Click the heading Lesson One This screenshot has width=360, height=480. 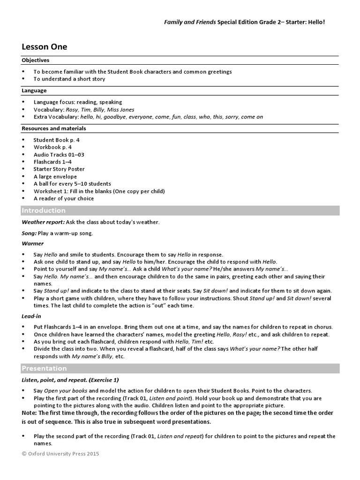[45, 46]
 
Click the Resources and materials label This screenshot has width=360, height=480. [54, 128]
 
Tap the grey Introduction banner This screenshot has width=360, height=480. [180, 210]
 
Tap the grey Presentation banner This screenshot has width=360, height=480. [180, 368]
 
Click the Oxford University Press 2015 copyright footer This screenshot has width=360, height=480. [60, 454]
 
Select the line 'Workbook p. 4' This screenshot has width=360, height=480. [52, 147]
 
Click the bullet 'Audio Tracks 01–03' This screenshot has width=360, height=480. [59, 154]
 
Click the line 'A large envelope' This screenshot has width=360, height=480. [55, 176]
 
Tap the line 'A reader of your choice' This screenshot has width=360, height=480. [63, 198]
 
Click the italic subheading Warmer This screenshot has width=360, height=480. [32, 243]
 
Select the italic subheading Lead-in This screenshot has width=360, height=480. [31, 316]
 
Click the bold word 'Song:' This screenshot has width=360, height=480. [29, 233]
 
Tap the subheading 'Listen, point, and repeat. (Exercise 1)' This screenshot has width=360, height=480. [73, 380]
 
